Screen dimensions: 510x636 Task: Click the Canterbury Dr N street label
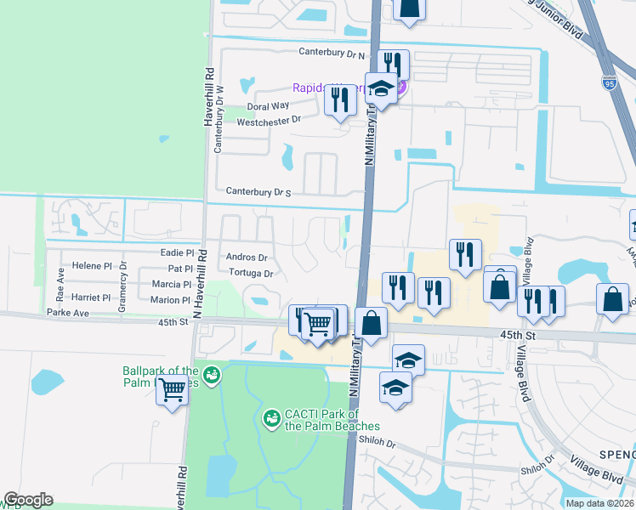[332, 53]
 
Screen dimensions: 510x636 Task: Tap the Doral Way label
[268, 106]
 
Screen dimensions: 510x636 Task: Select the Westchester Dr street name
[270, 121]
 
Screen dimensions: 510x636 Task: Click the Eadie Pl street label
[177, 252]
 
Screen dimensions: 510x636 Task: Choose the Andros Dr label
[247, 258]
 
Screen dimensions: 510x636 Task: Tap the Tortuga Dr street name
[251, 274]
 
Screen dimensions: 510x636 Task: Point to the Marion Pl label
[170, 300]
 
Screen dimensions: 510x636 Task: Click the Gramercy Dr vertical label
[123, 283]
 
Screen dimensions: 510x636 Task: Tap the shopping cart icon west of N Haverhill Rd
[173, 392]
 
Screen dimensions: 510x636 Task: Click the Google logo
[28, 500]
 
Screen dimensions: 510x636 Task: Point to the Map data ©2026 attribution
[599, 503]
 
